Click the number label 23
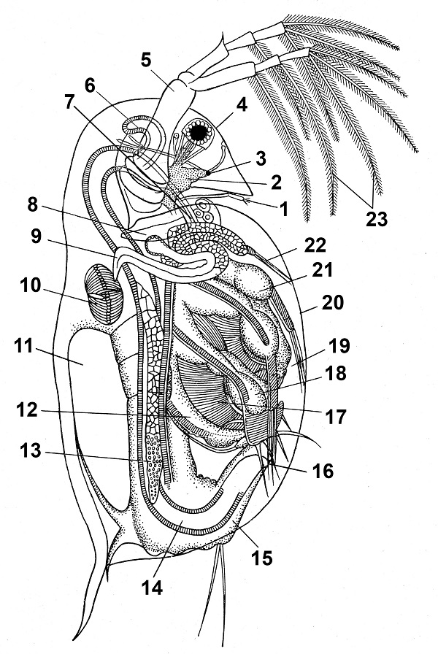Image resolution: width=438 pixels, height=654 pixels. click(x=377, y=218)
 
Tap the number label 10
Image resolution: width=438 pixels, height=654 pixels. click(x=29, y=285)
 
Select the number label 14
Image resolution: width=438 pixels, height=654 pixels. click(x=152, y=588)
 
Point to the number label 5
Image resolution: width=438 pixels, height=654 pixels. click(x=145, y=60)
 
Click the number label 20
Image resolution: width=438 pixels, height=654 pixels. click(x=332, y=302)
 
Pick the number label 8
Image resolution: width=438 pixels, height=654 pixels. click(x=33, y=205)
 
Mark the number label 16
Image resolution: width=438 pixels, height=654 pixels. click(x=323, y=471)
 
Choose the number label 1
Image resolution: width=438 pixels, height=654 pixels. click(x=284, y=209)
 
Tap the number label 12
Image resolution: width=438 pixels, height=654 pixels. click(x=27, y=409)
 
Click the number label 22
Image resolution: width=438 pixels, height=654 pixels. click(x=315, y=245)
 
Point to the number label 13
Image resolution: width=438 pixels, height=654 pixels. click(x=31, y=450)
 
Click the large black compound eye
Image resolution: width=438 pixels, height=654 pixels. click(x=199, y=133)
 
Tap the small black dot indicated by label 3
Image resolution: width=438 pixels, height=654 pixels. click(x=209, y=172)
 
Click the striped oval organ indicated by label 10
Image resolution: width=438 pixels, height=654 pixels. click(x=104, y=294)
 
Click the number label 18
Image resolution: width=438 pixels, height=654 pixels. click(x=336, y=374)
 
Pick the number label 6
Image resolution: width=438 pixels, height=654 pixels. click(x=90, y=85)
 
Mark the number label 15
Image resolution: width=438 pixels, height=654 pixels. click(x=262, y=557)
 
